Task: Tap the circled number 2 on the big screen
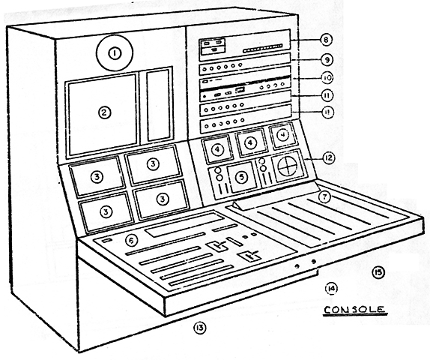click(x=104, y=112)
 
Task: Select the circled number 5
click(x=241, y=177)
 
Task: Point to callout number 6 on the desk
click(x=131, y=241)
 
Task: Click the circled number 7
click(x=324, y=197)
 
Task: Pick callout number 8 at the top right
click(x=326, y=40)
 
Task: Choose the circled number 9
click(x=327, y=60)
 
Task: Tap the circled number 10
click(x=327, y=78)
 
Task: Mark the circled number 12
click(x=328, y=158)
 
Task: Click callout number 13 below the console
click(x=199, y=328)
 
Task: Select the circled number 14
click(x=331, y=288)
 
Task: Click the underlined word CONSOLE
click(x=354, y=310)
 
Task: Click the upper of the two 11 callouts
click(x=327, y=95)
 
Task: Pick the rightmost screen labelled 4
click(x=282, y=136)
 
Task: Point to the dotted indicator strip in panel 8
click(x=262, y=48)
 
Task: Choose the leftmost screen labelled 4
click(x=217, y=149)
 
